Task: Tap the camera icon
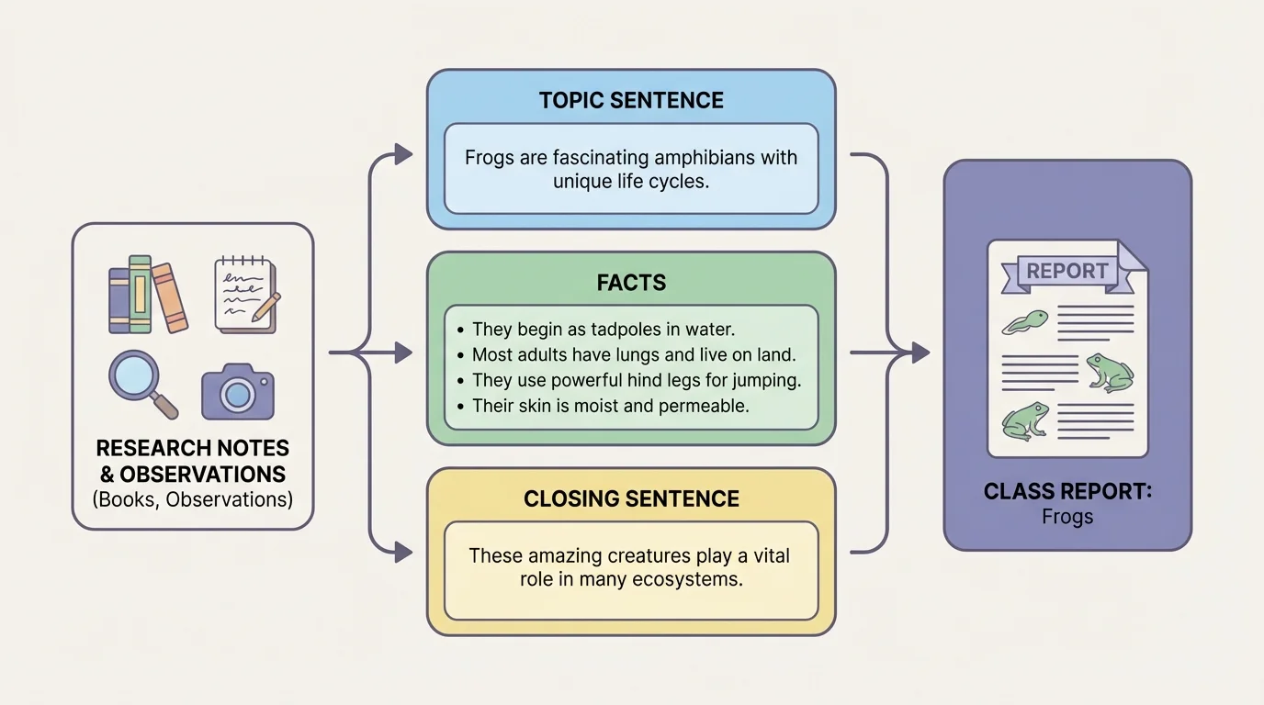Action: coord(237,392)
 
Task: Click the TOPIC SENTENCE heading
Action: coord(631,101)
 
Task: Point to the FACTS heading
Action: coord(631,284)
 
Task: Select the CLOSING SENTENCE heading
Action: coord(631,499)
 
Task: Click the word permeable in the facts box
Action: coord(704,406)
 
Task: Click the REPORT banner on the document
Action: coord(1066,272)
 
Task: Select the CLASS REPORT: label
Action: coord(1067,492)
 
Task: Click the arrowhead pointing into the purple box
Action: coord(920,352)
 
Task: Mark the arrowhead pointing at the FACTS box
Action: coord(403,352)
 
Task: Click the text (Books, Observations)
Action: coord(192,500)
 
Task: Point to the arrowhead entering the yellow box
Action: coord(403,552)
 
